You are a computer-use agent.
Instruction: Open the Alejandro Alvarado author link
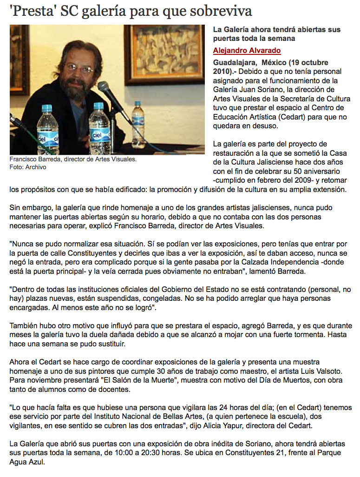247,51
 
